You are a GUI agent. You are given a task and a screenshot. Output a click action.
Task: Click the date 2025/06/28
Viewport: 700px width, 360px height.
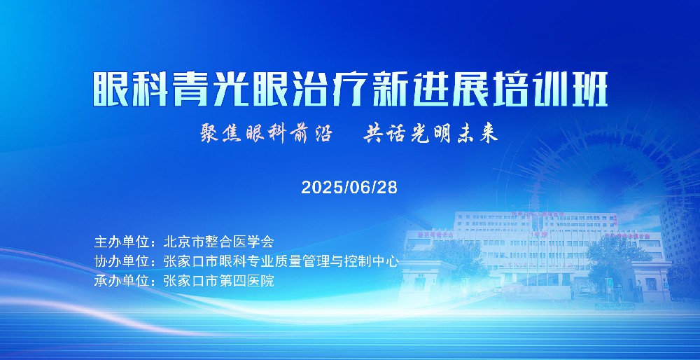pyautogui.click(x=349, y=187)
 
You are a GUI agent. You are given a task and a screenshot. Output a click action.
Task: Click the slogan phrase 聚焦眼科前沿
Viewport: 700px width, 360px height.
pyautogui.click(x=267, y=133)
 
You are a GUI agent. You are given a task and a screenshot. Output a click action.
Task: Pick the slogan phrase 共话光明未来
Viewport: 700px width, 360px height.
pyautogui.click(x=430, y=133)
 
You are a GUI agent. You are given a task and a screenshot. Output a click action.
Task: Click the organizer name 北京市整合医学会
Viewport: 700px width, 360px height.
pyautogui.click(x=218, y=242)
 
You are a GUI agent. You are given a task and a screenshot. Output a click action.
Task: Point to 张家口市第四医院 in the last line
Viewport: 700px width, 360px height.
pyautogui.click(x=218, y=281)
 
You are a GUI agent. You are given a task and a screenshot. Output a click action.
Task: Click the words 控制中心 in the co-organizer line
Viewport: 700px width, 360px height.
pyautogui.click(x=370, y=261)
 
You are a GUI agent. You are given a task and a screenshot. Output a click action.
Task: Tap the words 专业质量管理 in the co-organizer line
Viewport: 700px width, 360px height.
pyautogui.click(x=288, y=261)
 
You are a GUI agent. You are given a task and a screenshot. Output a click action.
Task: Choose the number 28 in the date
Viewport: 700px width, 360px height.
pyautogui.click(x=388, y=187)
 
